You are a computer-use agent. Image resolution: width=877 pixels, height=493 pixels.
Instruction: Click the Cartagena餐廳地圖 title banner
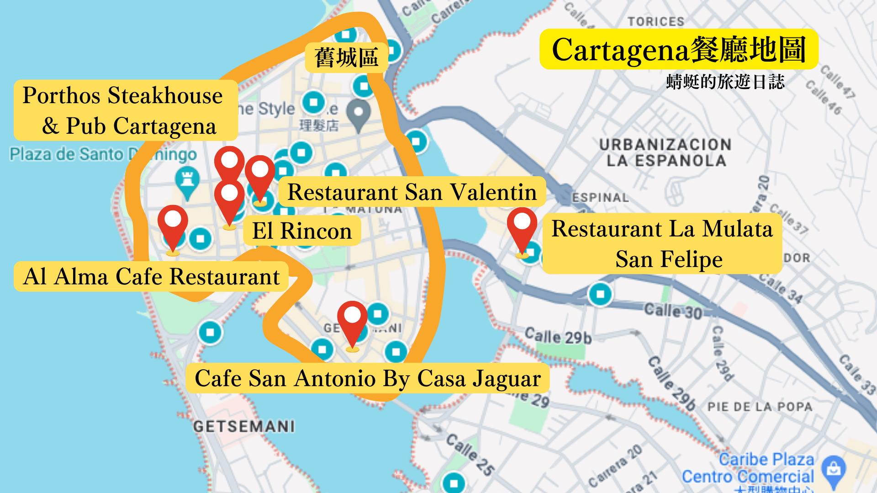point(679,49)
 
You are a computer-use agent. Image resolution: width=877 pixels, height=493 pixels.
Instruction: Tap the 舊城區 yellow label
point(346,58)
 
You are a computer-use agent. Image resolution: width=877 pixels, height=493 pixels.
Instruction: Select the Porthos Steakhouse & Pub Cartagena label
point(125,110)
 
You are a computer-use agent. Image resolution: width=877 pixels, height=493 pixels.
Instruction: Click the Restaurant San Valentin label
point(412,192)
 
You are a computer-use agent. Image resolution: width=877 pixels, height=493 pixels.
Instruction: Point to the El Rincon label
point(302,231)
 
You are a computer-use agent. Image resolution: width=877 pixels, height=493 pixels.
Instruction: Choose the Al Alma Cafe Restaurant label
point(151,276)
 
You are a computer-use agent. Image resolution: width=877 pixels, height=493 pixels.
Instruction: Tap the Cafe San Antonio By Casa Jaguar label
point(367,378)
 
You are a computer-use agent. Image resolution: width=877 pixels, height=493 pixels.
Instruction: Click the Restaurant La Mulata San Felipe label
point(662,243)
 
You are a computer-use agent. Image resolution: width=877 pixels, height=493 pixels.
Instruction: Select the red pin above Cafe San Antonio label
point(352,320)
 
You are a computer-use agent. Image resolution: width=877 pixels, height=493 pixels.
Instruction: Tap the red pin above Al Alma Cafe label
point(173,224)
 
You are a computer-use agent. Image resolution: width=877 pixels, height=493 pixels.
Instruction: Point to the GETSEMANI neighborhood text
point(244,426)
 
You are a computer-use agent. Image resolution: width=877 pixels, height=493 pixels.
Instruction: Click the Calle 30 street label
point(672,311)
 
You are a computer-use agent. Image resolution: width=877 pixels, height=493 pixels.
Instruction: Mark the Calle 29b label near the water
point(558,336)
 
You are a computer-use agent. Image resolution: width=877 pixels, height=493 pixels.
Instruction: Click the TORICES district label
point(655,21)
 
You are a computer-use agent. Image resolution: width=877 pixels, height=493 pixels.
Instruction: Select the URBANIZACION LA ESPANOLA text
point(666,152)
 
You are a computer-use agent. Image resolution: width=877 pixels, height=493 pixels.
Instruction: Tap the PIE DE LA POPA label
point(760,407)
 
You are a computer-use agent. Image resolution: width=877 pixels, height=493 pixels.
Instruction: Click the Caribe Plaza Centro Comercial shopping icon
point(834,469)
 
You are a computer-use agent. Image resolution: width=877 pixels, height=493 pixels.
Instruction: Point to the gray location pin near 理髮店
point(359,113)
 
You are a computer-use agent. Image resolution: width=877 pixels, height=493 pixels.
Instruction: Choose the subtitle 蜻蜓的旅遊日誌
point(725,82)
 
